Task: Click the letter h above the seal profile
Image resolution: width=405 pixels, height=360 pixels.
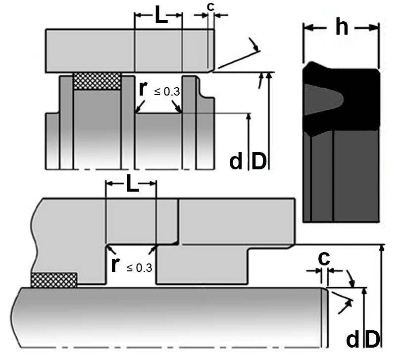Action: [x=342, y=27]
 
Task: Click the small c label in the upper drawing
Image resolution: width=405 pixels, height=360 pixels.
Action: [x=210, y=7]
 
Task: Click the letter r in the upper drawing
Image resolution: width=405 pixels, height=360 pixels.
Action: [x=143, y=89]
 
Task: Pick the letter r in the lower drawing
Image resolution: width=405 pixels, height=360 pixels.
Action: [x=115, y=265]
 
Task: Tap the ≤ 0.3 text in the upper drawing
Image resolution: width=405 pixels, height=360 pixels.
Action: [x=167, y=92]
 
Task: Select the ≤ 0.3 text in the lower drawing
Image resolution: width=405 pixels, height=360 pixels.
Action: [x=139, y=268]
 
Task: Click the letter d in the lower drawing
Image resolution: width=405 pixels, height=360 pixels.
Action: [x=353, y=339]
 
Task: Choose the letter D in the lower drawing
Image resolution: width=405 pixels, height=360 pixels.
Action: [x=373, y=339]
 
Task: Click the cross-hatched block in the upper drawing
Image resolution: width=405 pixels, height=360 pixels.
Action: [x=97, y=81]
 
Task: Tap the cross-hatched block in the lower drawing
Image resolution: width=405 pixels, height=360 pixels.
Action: [x=54, y=280]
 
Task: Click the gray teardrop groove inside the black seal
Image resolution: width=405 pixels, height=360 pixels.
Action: [x=323, y=100]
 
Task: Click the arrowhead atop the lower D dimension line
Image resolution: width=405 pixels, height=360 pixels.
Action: [x=382, y=248]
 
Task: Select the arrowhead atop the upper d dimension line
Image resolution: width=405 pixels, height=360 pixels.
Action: [x=249, y=116]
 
